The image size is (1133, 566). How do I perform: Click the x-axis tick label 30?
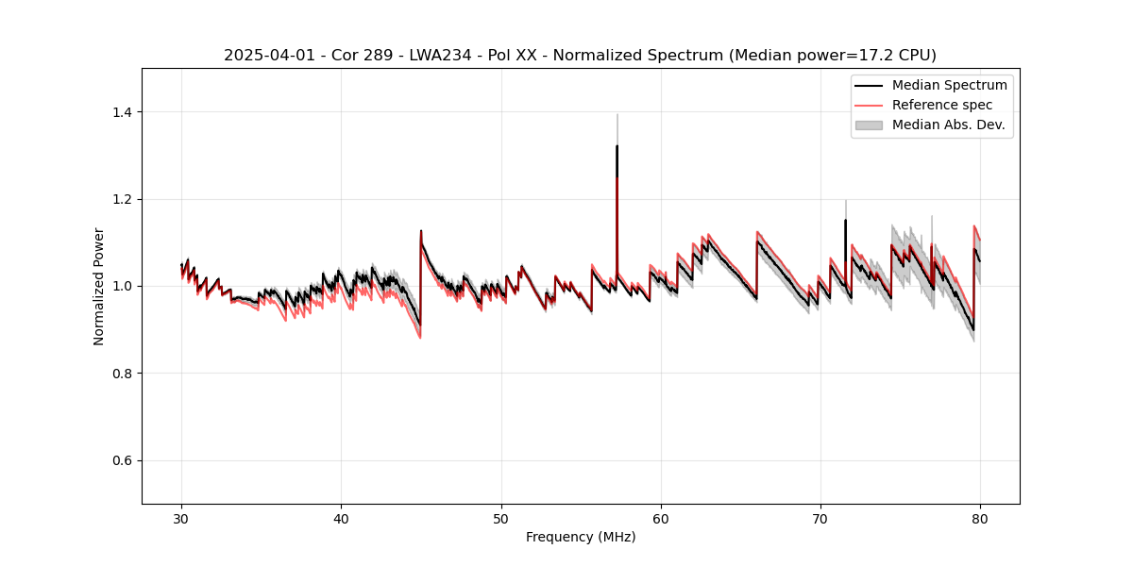click(181, 518)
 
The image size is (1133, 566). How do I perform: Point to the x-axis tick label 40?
click(341, 518)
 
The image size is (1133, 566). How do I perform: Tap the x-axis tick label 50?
click(500, 518)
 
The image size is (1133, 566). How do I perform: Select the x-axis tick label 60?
click(661, 518)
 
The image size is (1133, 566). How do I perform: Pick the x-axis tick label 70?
click(820, 518)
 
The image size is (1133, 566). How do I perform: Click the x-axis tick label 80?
click(980, 518)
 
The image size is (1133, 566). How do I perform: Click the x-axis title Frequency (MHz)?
click(581, 537)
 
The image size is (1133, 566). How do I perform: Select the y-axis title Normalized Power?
click(99, 286)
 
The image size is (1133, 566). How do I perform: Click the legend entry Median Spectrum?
click(949, 85)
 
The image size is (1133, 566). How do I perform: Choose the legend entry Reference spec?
click(942, 105)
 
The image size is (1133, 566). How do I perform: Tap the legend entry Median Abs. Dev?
click(948, 125)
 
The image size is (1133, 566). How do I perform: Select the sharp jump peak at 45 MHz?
click(421, 231)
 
